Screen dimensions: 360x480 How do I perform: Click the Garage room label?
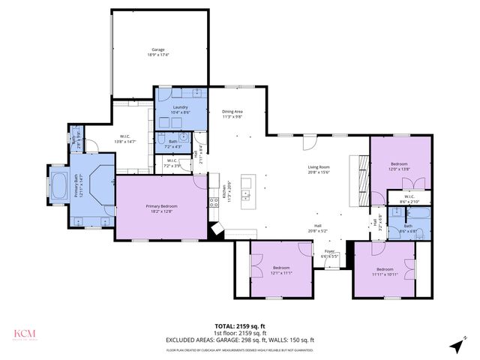click(x=157, y=49)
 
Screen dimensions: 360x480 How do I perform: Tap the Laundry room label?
click(x=180, y=107)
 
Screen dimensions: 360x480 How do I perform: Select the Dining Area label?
click(x=232, y=112)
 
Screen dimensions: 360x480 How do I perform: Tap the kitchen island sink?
click(x=245, y=196)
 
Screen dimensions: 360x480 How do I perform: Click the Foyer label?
click(x=330, y=251)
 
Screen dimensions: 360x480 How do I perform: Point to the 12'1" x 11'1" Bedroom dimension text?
click(x=281, y=273)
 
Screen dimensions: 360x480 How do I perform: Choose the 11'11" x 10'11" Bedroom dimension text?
click(x=385, y=274)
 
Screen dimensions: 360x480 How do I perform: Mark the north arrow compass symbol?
click(x=457, y=345)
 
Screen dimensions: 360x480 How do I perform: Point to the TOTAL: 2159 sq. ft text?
click(x=240, y=325)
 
